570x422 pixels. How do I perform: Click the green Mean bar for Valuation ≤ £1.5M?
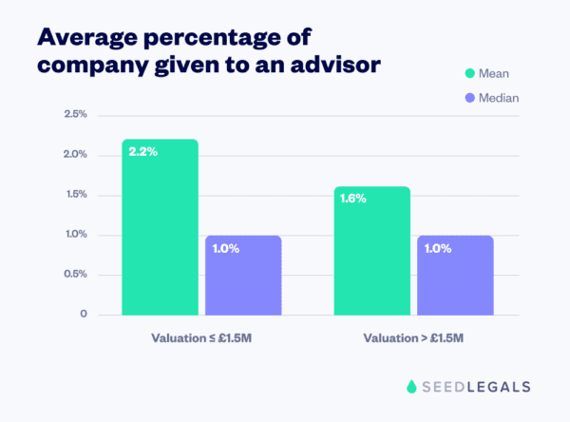tap(160, 227)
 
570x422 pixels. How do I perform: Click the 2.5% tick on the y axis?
tap(75, 114)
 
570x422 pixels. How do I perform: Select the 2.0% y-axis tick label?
tap(75, 154)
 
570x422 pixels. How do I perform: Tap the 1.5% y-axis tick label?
tap(75, 194)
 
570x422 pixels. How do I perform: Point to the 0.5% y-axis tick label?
tap(75, 274)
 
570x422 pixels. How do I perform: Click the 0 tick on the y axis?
tap(84, 314)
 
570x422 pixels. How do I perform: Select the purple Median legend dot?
tap(468, 97)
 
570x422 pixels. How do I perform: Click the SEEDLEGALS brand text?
tap(476, 386)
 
